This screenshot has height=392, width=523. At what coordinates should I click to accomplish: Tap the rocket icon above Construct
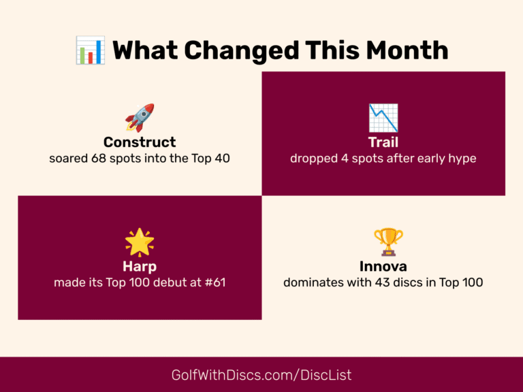pos(140,118)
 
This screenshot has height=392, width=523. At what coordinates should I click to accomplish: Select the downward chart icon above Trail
pos(383,118)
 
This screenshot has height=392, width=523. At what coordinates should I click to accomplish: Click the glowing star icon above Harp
pos(140,242)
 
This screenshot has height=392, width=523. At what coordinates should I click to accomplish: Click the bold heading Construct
pos(140,142)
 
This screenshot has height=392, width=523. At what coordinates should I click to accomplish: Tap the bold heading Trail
pos(383,142)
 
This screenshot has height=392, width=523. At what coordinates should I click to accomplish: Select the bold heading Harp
pos(140,266)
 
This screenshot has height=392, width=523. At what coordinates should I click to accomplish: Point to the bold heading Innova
pos(383,266)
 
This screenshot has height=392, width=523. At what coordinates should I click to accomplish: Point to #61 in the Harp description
pos(213,282)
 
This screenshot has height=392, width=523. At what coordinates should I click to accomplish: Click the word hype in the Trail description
pos(461,159)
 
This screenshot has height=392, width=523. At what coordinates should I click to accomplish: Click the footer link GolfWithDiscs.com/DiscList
pos(261,375)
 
